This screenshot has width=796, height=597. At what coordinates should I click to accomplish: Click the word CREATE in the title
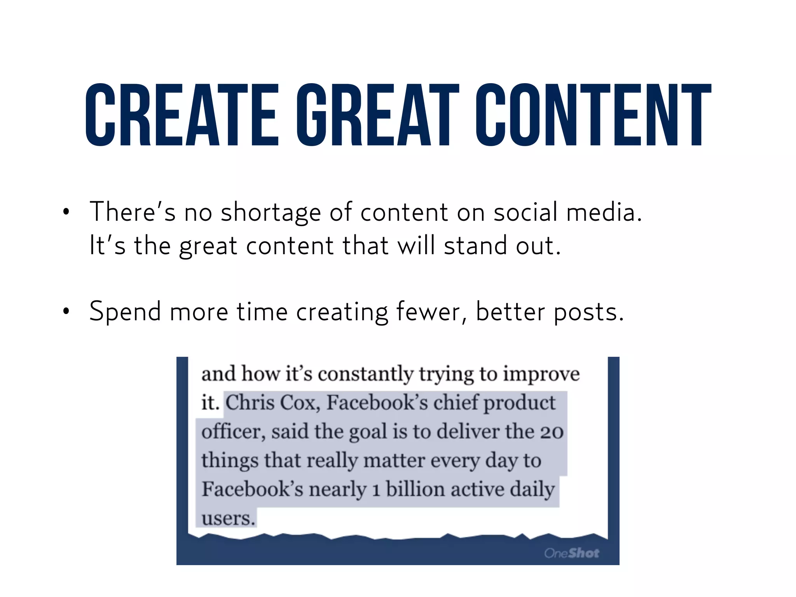coord(182,115)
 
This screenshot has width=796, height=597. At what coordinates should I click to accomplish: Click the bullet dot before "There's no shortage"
coord(66,212)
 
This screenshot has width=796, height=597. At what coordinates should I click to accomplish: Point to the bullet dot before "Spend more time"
coord(66,312)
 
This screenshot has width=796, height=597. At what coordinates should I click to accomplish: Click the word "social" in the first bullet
coord(526,212)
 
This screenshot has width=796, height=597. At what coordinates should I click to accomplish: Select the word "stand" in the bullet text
coord(475,246)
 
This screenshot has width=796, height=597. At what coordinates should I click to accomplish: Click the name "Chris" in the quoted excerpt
coord(250,402)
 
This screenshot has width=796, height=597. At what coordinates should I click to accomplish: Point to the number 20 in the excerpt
coord(552,431)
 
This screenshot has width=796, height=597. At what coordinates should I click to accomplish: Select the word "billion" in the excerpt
coord(415,489)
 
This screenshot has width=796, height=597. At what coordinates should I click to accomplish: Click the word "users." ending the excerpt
coord(228,518)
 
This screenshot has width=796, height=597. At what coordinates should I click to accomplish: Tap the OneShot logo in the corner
coord(571,553)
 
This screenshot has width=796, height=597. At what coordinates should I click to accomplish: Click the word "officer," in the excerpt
coord(233,431)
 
